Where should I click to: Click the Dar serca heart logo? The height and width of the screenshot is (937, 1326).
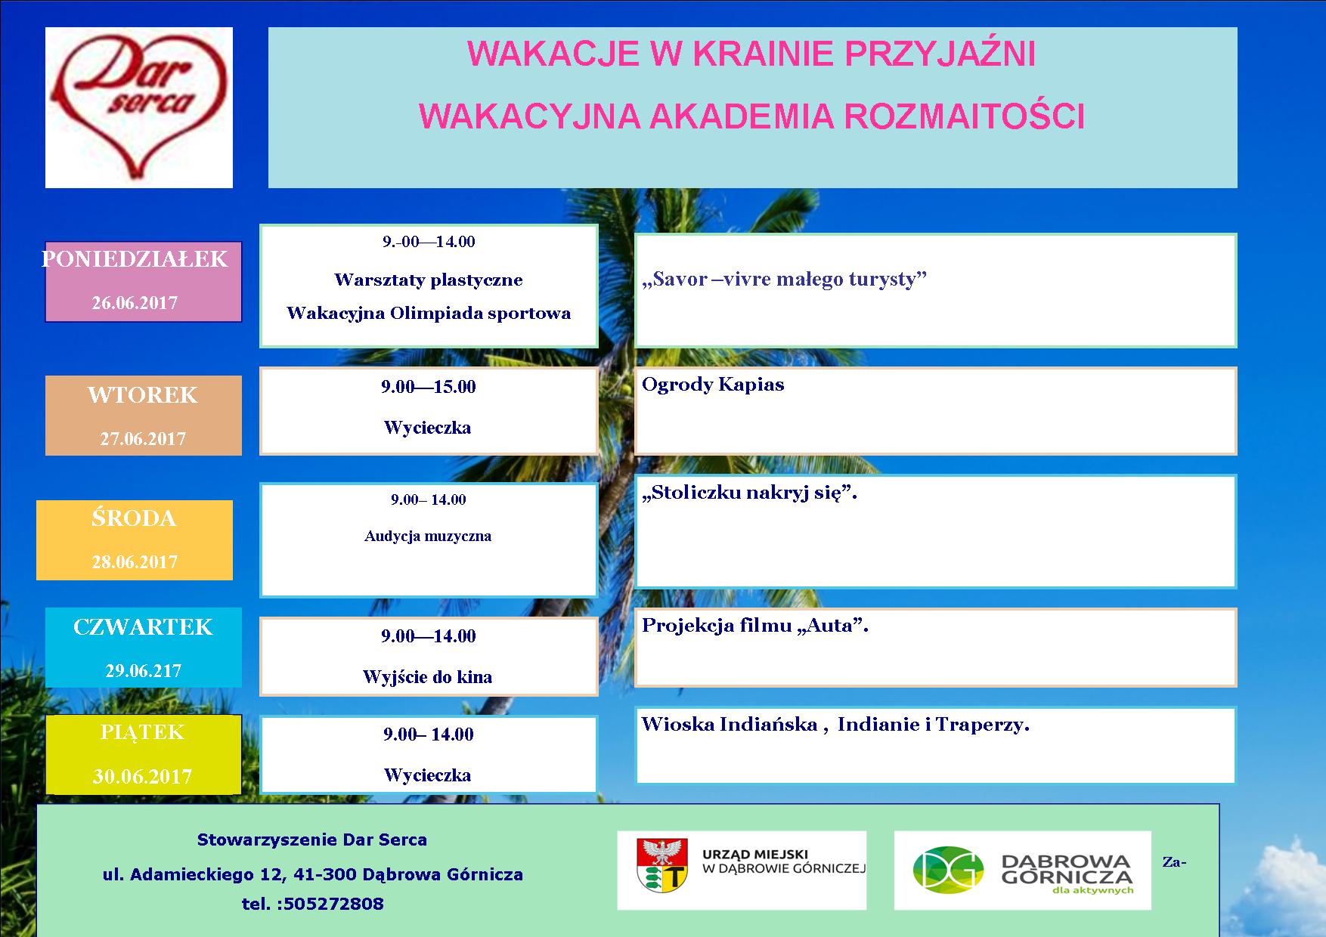pyautogui.click(x=139, y=107)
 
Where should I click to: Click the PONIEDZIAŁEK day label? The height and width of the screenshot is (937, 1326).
pyautogui.click(x=135, y=259)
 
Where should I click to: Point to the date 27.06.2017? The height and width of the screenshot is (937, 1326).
pyautogui.click(x=143, y=439)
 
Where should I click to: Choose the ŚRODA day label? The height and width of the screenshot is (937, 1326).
pyautogui.click(x=134, y=518)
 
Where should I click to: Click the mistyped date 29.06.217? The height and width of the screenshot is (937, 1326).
pyautogui.click(x=144, y=670)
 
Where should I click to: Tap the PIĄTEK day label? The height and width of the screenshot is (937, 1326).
pyautogui.click(x=142, y=732)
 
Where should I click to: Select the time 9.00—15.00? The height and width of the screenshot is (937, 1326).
pyautogui.click(x=429, y=387)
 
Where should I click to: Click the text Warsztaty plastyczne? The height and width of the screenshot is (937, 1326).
pyautogui.click(x=429, y=280)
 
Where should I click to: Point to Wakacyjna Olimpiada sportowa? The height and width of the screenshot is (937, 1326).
pyautogui.click(x=429, y=314)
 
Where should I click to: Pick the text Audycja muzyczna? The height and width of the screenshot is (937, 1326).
pyautogui.click(x=428, y=537)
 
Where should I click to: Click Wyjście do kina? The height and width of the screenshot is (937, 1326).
pyautogui.click(x=428, y=677)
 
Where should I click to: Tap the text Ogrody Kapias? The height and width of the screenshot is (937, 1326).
pyautogui.click(x=713, y=385)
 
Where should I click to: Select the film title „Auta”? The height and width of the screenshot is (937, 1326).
pyautogui.click(x=832, y=626)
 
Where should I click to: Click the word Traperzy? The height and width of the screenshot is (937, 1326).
pyautogui.click(x=983, y=725)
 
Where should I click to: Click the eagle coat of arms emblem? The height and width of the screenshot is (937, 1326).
pyautogui.click(x=662, y=865)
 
